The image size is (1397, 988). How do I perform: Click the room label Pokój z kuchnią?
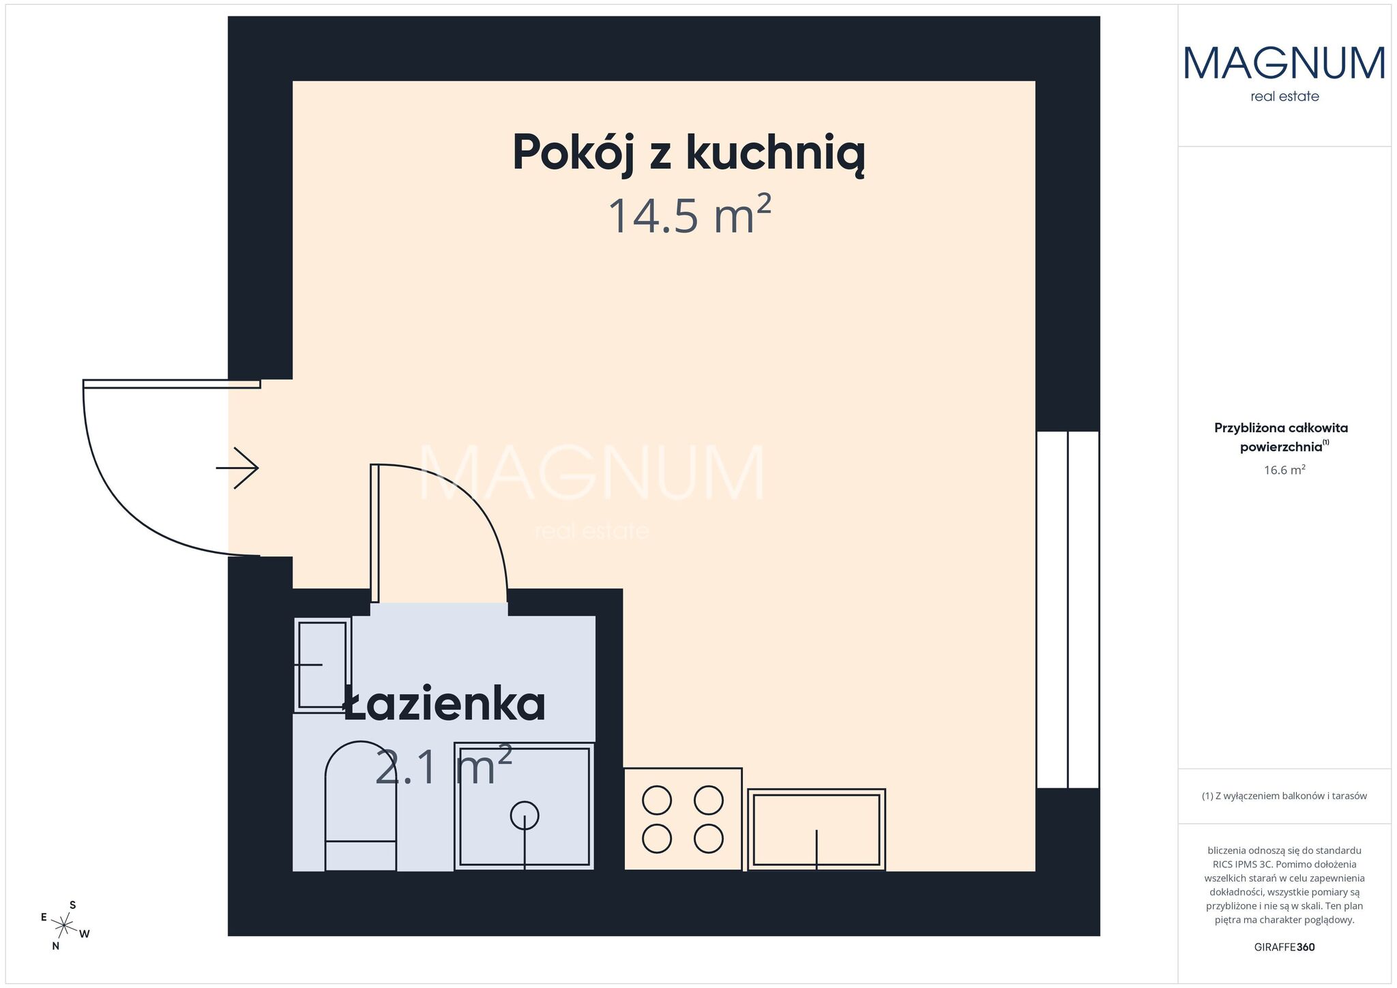pyautogui.click(x=689, y=153)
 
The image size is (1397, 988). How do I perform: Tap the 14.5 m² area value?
pyautogui.click(x=689, y=214)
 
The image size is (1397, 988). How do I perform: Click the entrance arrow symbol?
pyautogui.click(x=237, y=468)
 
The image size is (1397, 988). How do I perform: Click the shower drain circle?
pyautogui.click(x=524, y=815)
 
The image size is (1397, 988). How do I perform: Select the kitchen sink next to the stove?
pyautogui.click(x=817, y=829)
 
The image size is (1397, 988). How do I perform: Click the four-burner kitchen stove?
pyautogui.click(x=683, y=819)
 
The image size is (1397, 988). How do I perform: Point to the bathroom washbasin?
pyautogui.click(x=322, y=665)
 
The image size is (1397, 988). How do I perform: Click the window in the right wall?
pyautogui.click(x=1068, y=610)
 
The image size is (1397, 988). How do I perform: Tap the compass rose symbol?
pyautogui.click(x=64, y=925)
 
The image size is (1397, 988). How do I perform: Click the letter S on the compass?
pyautogui.click(x=73, y=905)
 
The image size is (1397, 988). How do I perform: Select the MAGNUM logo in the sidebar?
pyautogui.click(x=1284, y=63)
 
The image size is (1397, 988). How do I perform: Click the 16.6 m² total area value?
pyautogui.click(x=1284, y=469)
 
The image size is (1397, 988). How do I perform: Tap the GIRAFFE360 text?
pyautogui.click(x=1284, y=947)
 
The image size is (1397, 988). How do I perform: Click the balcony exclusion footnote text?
pyautogui.click(x=1284, y=796)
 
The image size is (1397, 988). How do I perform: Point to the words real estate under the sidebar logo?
pyautogui.click(x=1284, y=97)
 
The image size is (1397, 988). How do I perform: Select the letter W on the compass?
pyautogui.click(x=85, y=934)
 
